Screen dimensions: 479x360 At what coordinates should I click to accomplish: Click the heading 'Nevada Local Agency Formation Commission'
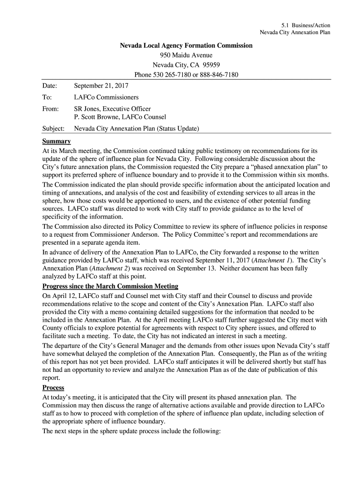click(186, 45)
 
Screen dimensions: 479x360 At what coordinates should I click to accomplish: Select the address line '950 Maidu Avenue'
click(186, 55)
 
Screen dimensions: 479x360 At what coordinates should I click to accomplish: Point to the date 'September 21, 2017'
click(101, 86)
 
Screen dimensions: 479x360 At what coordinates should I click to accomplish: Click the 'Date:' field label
click(50, 86)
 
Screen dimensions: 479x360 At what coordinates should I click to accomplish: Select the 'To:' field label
click(47, 97)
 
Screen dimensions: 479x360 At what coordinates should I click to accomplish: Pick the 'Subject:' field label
click(53, 128)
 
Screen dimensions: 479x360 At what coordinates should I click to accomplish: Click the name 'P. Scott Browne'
click(96, 117)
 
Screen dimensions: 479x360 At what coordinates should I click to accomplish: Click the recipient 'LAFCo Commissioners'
click(107, 97)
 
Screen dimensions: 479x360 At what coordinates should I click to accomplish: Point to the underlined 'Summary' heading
click(57, 141)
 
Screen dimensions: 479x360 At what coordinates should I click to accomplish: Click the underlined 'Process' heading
click(53, 388)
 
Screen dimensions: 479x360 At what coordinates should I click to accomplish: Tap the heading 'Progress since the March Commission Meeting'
click(110, 286)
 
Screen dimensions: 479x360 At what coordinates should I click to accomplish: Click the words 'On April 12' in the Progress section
click(59, 296)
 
